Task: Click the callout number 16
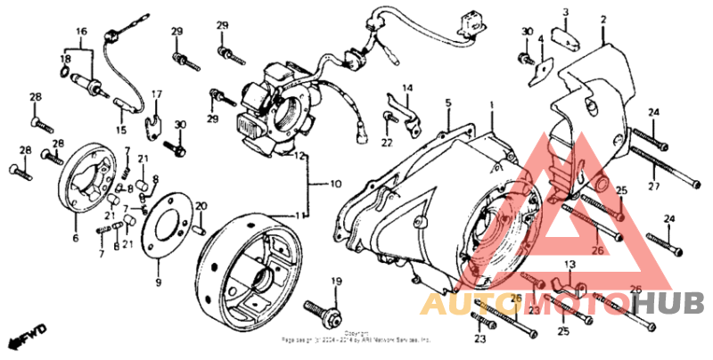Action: [82, 31]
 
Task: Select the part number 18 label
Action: [65, 59]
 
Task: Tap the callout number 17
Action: [157, 94]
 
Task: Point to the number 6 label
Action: [75, 238]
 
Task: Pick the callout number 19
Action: [337, 282]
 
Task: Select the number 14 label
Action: [407, 87]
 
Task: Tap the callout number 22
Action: [387, 142]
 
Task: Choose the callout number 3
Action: [565, 12]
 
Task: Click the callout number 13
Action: [569, 265]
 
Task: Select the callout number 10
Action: [336, 185]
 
